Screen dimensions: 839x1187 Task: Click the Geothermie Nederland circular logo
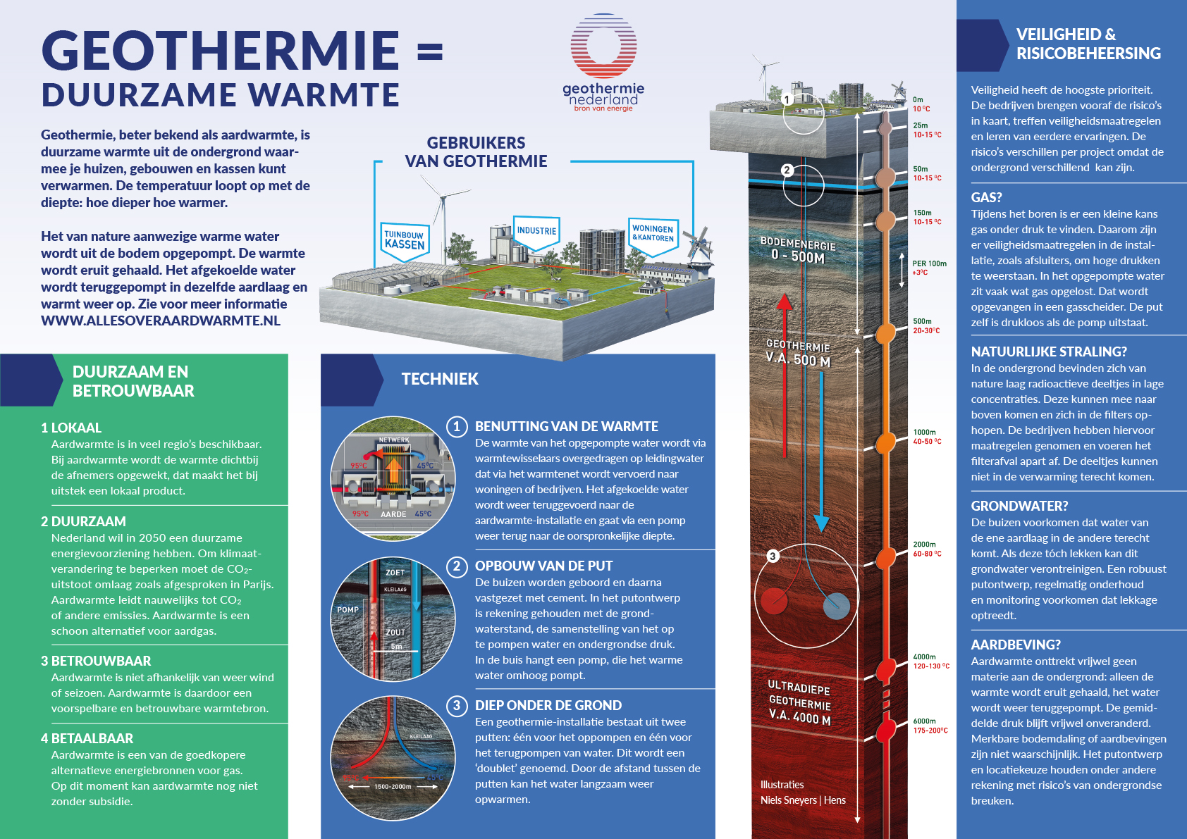603,46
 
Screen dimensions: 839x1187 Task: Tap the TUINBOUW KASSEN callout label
404,240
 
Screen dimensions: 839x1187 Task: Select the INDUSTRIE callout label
536,231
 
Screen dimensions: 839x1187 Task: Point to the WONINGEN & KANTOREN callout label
653,233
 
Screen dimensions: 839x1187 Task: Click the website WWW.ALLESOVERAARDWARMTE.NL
161,321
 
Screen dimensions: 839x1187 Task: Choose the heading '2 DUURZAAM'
83,521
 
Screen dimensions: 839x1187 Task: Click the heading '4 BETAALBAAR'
87,738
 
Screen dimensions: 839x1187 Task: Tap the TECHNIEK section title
440,379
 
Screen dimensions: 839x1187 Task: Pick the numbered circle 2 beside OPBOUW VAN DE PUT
457,566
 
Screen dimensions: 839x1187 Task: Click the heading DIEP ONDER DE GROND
548,705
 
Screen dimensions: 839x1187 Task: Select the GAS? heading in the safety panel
986,197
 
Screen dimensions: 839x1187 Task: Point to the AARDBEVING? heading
1016,645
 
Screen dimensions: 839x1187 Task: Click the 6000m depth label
925,721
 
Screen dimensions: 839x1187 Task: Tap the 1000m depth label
925,432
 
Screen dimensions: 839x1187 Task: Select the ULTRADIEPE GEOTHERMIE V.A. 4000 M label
799,702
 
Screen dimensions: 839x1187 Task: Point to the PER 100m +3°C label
929,268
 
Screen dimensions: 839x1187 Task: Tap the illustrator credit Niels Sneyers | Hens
803,800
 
